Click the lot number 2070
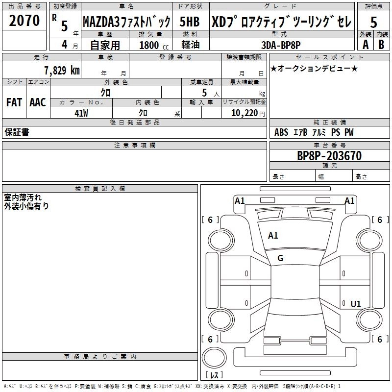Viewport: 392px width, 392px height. tap(24, 21)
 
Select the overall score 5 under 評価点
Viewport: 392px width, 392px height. tap(373, 23)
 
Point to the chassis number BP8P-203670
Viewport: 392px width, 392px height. tap(329, 156)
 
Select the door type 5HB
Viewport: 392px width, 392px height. tap(190, 22)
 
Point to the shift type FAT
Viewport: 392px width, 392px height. tap(14, 102)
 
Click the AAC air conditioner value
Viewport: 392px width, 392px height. tap(38, 102)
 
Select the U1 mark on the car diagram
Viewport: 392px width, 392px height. tap(356, 304)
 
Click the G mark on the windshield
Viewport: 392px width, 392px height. tap(280, 258)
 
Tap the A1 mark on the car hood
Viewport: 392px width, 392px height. tap(273, 236)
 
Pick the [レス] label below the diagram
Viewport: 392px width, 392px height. tap(215, 375)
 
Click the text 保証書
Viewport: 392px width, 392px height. tap(17, 132)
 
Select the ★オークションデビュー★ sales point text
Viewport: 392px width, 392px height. tap(314, 68)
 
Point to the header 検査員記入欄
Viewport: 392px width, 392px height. tap(100, 189)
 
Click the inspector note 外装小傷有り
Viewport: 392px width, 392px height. tap(26, 206)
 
